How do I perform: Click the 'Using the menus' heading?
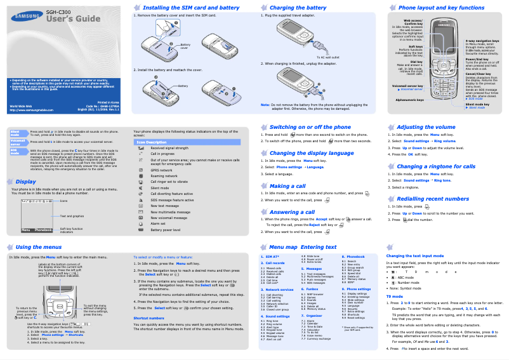point(38,247)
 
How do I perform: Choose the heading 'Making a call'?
point(288,186)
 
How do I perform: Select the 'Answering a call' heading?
point(292,212)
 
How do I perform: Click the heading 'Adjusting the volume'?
point(426,127)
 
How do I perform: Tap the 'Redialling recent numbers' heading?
point(433,199)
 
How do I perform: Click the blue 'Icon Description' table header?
point(152,142)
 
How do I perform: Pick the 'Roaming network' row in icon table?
point(164,176)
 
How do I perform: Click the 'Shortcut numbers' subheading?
point(149,317)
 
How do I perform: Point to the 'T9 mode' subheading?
point(395,297)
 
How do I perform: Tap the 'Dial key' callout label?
point(416,62)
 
